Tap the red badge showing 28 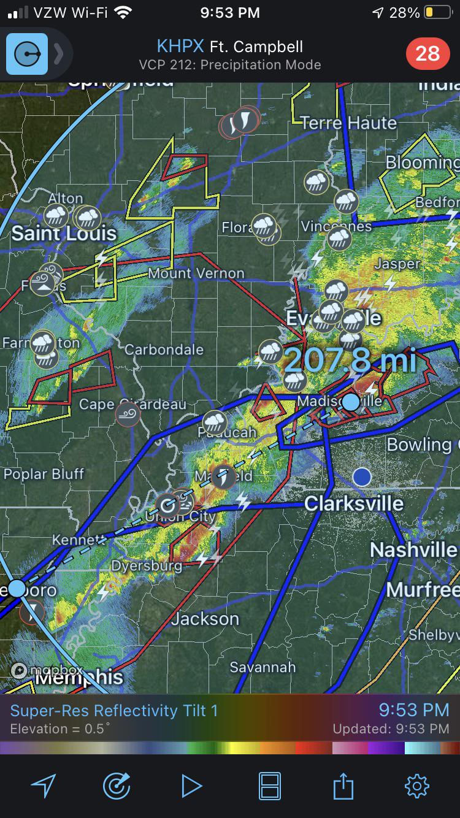point(427,54)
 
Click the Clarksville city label point(354,503)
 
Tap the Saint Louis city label point(64,233)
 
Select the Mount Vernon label point(196,273)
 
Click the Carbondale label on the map point(164,350)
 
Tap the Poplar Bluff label point(44,474)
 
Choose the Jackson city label point(205,619)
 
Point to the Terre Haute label point(348,123)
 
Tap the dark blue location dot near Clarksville point(362,476)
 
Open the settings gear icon point(416,786)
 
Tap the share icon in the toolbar point(343,786)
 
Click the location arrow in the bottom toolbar point(43,786)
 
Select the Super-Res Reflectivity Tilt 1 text point(114,711)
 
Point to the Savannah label point(263,667)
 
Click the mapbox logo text point(48,670)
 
